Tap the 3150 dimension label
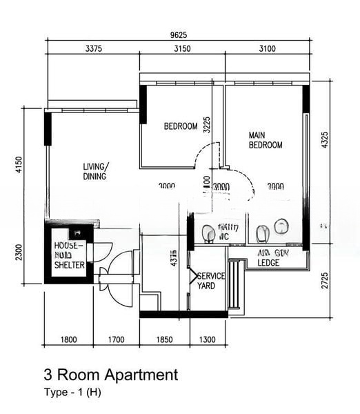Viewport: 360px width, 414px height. [182, 48]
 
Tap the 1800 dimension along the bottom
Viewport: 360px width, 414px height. [68, 339]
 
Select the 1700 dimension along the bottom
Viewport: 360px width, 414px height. [116, 339]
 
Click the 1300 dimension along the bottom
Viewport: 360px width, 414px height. [208, 339]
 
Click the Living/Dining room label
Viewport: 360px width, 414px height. [95, 172]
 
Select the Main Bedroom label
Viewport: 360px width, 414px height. [266, 140]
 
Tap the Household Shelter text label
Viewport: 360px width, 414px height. [69, 255]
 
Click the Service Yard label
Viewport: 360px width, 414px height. [210, 281]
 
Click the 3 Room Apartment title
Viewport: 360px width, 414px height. [111, 375]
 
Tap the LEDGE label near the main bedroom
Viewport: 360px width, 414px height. [268, 263]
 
